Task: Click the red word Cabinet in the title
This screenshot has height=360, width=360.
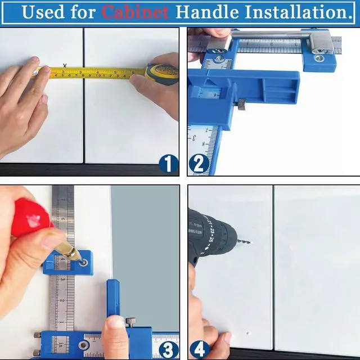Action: (135, 12)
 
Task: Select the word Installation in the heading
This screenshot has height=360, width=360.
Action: (292, 12)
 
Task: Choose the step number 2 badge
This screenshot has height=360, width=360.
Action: (199, 164)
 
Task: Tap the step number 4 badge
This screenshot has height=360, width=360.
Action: (199, 349)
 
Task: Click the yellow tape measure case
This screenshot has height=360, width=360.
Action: (161, 74)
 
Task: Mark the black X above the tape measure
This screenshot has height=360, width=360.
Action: (65, 66)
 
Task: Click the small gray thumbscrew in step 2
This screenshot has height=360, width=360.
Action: (240, 104)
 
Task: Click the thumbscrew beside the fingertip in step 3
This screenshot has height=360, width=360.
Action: (131, 322)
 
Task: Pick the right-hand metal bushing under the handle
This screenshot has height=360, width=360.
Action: (318, 57)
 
